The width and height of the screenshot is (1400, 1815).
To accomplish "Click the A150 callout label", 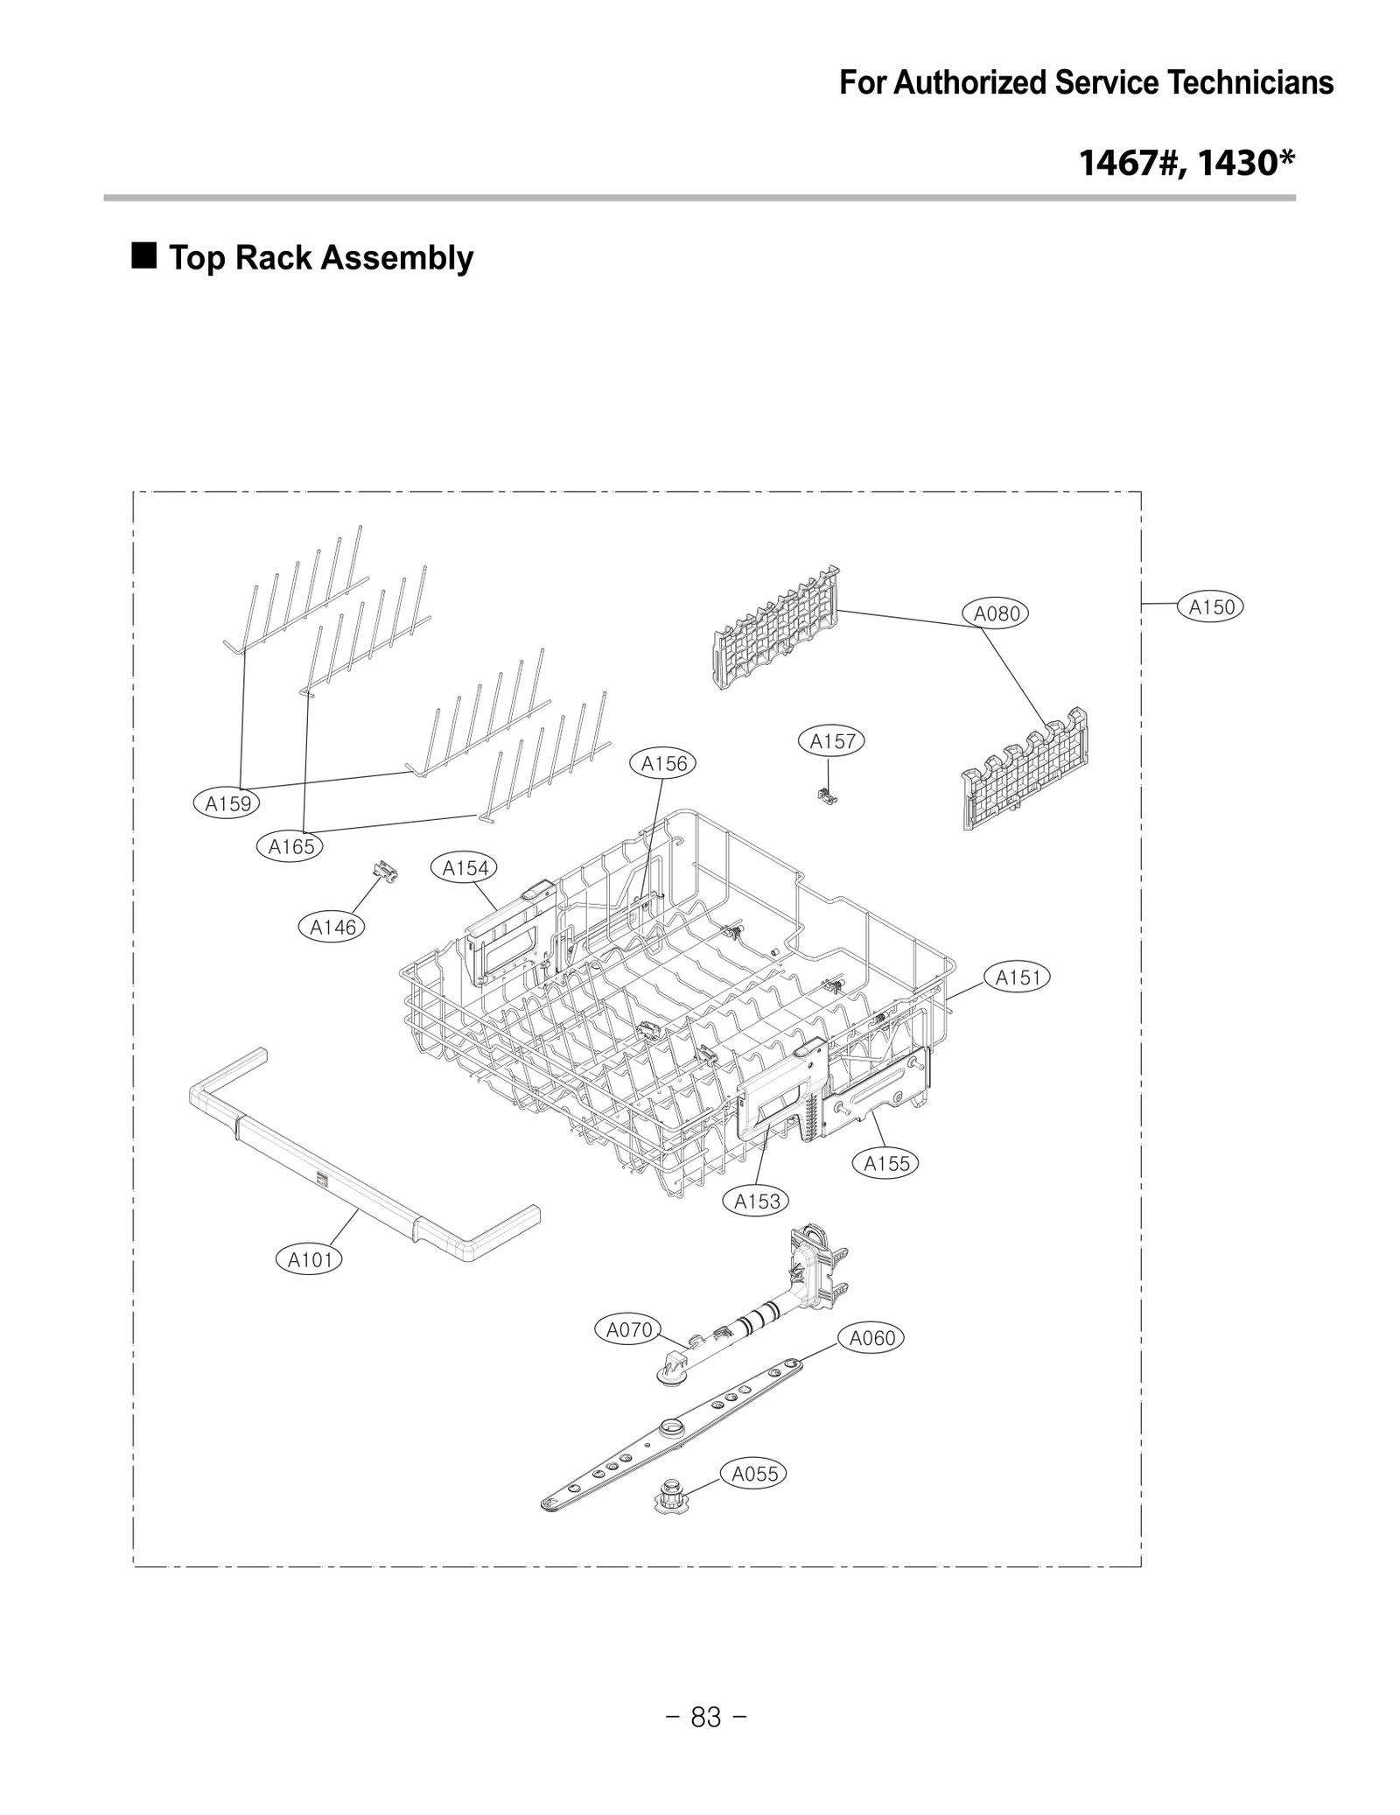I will (1211, 606).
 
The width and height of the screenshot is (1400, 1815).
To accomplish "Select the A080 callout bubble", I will (997, 613).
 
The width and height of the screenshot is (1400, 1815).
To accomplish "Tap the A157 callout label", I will (831, 742).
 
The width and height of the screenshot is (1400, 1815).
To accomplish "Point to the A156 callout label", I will (664, 764).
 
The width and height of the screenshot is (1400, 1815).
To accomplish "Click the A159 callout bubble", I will (227, 803).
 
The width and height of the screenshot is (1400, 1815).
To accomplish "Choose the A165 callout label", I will (290, 846).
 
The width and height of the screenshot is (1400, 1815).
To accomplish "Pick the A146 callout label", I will (332, 927).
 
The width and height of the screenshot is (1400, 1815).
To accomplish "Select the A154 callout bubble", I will (465, 868).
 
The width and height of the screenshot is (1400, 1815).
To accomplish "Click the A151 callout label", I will (1018, 978).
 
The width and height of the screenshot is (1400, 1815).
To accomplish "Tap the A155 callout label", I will (886, 1163).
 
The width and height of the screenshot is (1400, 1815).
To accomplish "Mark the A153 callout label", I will (757, 1202).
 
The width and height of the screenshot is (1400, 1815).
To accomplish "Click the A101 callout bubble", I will (311, 1259).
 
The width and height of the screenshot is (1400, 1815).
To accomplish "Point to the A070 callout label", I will (629, 1330).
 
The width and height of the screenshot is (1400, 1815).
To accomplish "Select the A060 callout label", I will (872, 1338).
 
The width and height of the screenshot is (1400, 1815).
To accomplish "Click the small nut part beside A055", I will (671, 1499).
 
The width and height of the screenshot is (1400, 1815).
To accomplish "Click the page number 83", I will (706, 1718).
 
